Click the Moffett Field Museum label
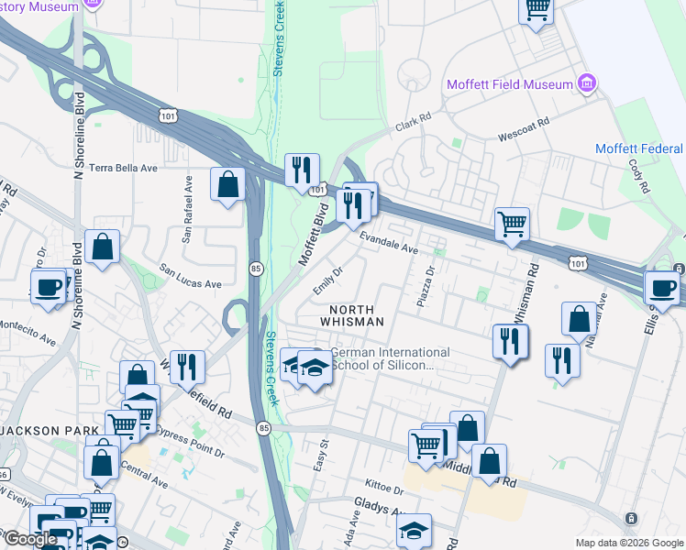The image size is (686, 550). coord(509,84)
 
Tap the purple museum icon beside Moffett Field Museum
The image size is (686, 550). coord(587,84)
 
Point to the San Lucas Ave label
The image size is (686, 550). coord(191,277)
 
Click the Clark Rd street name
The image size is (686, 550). coord(413,122)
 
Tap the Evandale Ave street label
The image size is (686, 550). coord(389,243)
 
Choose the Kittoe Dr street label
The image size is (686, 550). coord(378,483)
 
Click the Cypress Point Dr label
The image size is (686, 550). coord(190,439)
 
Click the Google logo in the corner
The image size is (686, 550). coord(29,539)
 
